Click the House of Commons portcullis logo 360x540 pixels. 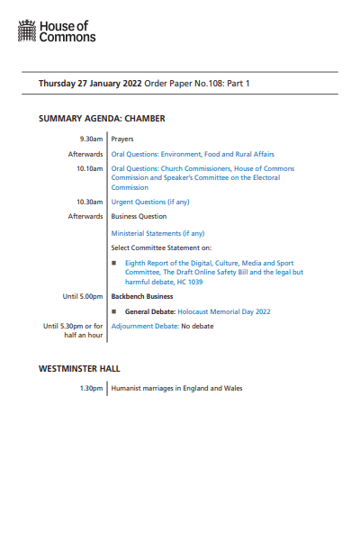point(28,33)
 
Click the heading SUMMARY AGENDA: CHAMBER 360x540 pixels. point(102,118)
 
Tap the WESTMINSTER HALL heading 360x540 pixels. point(79,368)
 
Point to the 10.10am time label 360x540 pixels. point(90,168)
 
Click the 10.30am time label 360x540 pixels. point(90,202)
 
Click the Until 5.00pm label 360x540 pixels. point(83,296)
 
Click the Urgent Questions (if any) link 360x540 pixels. point(150,202)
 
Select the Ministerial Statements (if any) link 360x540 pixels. point(157,233)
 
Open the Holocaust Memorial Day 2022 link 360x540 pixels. point(224,311)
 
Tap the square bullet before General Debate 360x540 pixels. point(115,311)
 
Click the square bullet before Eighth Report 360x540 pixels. point(115,262)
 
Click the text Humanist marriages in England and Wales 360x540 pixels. point(176,389)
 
